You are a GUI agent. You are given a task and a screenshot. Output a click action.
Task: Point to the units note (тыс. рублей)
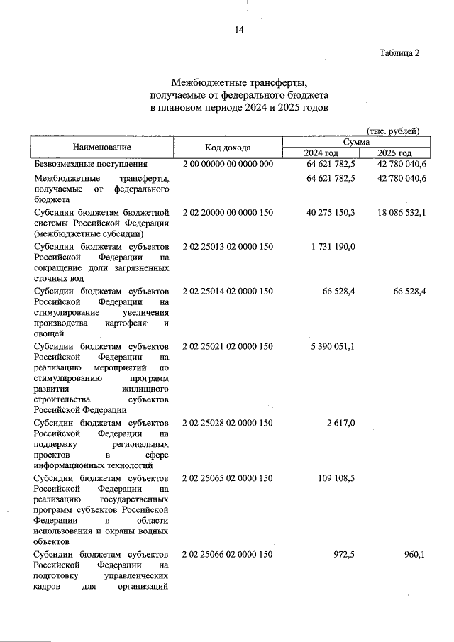click(392, 131)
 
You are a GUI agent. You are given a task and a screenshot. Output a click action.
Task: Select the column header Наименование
click(101, 148)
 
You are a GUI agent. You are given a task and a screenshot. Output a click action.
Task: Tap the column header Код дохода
click(228, 148)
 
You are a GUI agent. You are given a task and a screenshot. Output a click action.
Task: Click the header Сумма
click(356, 142)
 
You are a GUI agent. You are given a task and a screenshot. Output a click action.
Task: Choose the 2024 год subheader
click(321, 153)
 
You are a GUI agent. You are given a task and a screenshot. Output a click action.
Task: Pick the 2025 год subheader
click(394, 153)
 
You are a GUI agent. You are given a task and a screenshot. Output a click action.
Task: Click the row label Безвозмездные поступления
click(92, 164)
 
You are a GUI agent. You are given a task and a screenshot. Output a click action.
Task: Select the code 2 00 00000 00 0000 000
click(228, 164)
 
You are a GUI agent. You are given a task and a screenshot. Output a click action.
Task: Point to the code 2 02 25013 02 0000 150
click(228, 246)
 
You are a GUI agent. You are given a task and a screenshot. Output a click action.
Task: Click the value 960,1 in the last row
click(414, 555)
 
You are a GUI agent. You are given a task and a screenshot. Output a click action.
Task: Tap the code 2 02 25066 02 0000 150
click(228, 555)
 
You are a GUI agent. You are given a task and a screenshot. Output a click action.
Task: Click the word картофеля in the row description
click(128, 323)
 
